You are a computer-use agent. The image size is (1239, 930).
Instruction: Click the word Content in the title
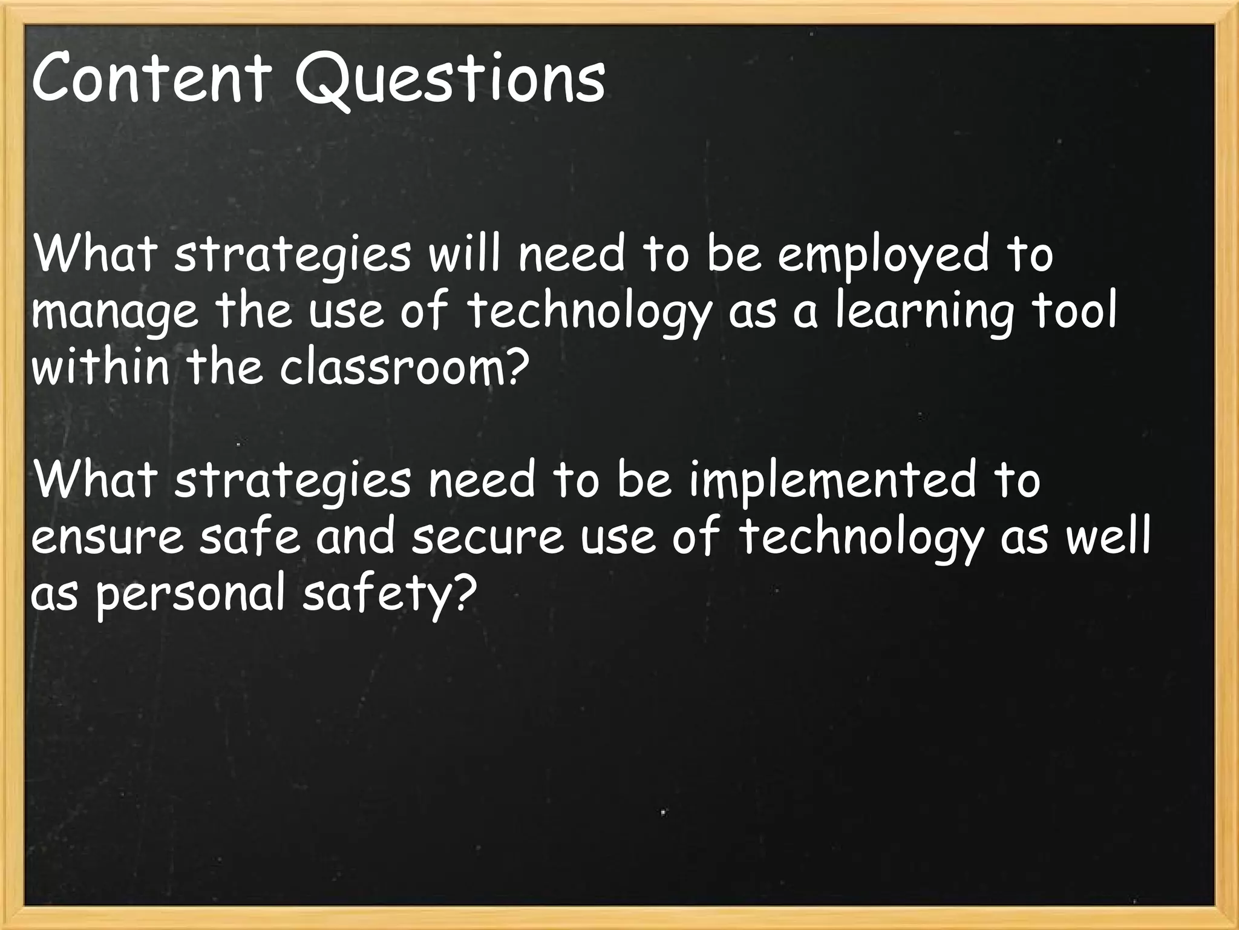pos(151,78)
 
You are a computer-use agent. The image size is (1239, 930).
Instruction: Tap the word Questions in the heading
pos(450,82)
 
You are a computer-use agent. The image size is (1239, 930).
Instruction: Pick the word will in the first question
pos(466,254)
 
